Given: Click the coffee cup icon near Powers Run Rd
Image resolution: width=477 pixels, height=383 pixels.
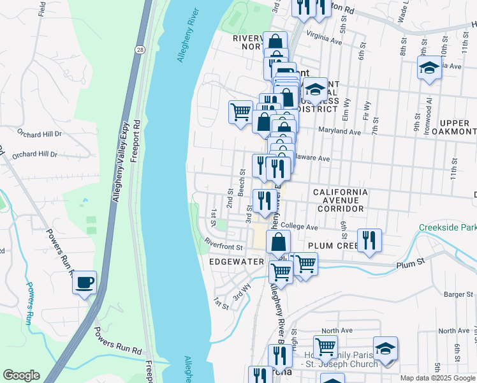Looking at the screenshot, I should (x=84, y=283).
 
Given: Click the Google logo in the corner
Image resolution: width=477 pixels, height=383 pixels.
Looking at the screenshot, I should (x=21, y=375).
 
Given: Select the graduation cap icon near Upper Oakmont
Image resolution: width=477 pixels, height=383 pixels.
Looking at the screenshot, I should (x=430, y=67).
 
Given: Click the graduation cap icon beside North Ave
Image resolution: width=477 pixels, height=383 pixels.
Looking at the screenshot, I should (x=385, y=348).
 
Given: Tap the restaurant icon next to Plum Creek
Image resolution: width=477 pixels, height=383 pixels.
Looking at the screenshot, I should (x=369, y=240).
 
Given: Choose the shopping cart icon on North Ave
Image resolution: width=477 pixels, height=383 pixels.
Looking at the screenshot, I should (x=325, y=347).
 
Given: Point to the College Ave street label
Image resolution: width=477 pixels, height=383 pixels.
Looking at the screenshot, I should (x=299, y=227).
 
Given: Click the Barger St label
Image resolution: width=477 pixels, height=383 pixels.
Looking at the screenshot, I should (x=457, y=294).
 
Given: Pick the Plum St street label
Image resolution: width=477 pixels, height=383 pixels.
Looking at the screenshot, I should (x=410, y=262).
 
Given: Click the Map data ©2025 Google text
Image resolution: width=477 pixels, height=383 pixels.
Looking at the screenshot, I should (x=437, y=377).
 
